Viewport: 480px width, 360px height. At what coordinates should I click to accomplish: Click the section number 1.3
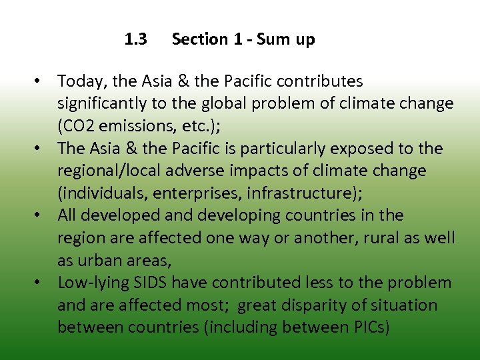pyautogui.click(x=136, y=39)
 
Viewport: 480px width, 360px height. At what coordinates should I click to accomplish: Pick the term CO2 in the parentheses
pyautogui.click(x=77, y=126)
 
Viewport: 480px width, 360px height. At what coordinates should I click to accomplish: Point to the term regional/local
pyautogui.click(x=107, y=171)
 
